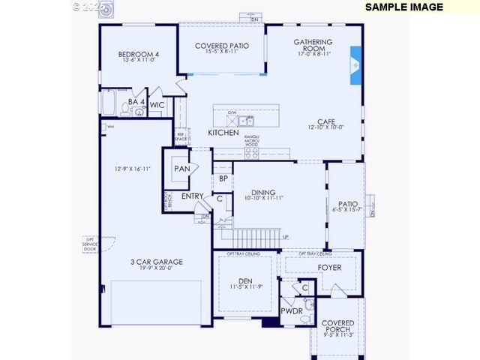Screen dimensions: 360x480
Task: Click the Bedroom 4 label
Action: tap(139, 54)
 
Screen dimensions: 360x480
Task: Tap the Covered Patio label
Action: tap(222, 46)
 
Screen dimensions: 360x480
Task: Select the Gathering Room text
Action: tap(313, 46)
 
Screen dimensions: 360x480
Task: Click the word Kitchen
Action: tap(223, 133)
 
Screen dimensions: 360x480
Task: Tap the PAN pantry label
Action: tap(182, 169)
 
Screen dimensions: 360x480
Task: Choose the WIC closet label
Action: tap(157, 105)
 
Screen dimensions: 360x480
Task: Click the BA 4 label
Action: tap(136, 101)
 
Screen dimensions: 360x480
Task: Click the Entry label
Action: tap(193, 196)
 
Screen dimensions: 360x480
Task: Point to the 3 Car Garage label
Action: tap(157, 262)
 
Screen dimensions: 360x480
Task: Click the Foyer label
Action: tap(329, 267)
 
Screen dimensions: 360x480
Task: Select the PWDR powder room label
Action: tap(292, 310)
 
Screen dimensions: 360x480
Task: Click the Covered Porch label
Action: tap(337, 327)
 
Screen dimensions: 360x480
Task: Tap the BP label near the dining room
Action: tap(223, 178)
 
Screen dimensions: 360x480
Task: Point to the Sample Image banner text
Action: tap(404, 7)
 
